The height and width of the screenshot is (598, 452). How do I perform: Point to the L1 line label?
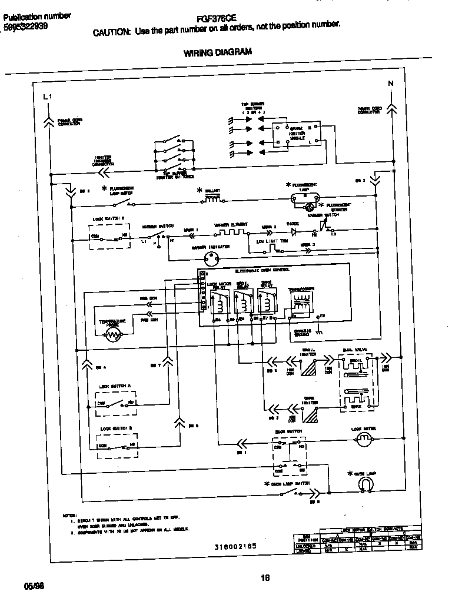tap(48, 97)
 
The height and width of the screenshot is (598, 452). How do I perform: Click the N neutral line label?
tap(390, 83)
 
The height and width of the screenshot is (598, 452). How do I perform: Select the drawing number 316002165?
tap(235, 546)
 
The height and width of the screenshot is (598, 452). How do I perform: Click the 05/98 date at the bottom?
tap(34, 587)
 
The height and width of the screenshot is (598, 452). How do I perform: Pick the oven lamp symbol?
tap(365, 483)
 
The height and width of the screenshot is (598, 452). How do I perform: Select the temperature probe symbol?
tap(112, 336)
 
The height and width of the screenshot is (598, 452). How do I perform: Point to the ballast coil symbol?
tap(212, 200)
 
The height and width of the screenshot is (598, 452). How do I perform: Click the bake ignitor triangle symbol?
tap(310, 415)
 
